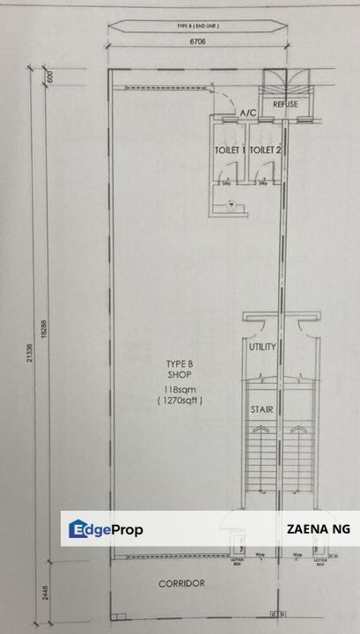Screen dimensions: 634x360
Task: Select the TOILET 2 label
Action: [264, 151]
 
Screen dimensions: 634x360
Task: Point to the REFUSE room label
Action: [285, 105]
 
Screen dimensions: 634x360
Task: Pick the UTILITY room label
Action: [262, 347]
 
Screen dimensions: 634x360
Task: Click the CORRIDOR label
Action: [181, 583]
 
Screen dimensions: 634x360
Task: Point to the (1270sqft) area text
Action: [181, 400]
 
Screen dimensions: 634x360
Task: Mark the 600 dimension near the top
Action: [51, 76]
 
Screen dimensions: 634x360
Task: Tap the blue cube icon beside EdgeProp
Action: [77, 529]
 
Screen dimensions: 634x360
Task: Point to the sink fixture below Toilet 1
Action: [231, 203]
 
